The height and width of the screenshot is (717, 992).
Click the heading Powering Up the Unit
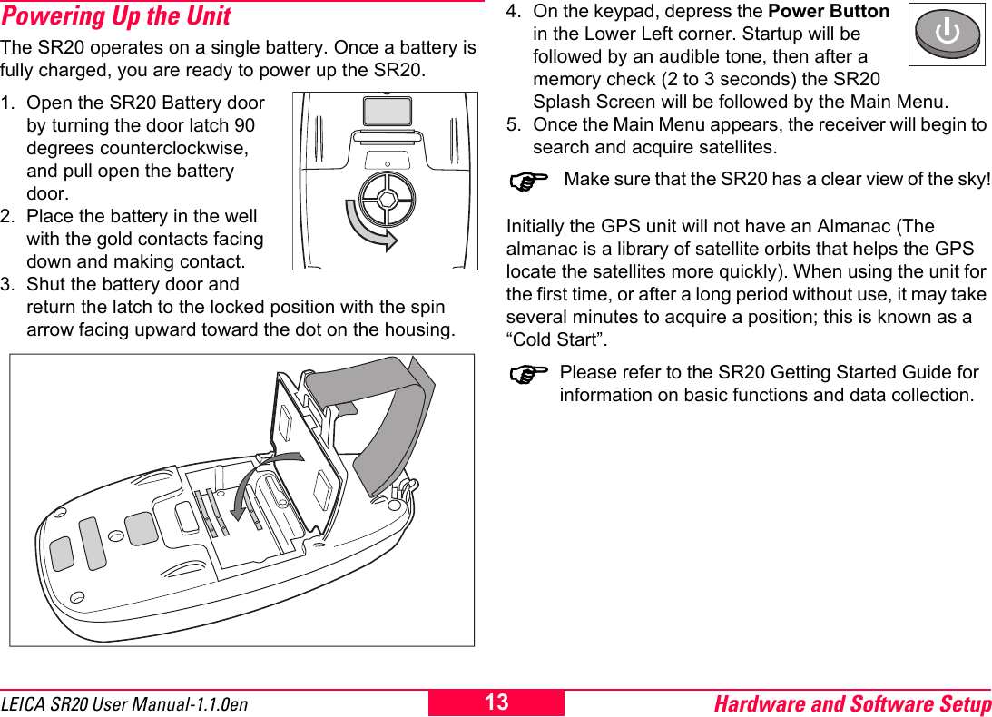(116, 16)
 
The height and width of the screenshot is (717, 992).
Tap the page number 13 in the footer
(496, 702)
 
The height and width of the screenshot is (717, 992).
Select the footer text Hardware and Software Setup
(852, 703)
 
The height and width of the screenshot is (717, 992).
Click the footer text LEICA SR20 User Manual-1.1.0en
(124, 704)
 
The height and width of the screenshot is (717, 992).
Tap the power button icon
(947, 34)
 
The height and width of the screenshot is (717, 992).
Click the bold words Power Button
(828, 12)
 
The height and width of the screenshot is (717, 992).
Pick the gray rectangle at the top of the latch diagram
(387, 111)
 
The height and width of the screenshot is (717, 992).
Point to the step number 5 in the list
(513, 124)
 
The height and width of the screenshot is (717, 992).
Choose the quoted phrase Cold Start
(556, 339)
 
